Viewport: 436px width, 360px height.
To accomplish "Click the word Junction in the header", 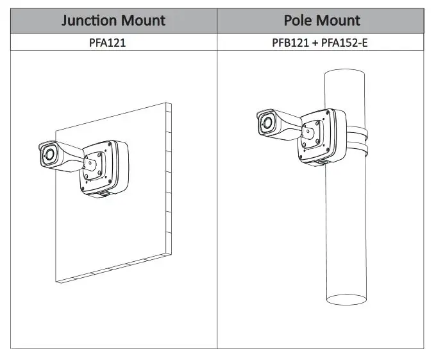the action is click(x=88, y=21).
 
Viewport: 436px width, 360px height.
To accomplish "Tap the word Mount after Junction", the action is click(x=143, y=21).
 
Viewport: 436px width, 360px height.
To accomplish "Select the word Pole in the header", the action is click(x=298, y=20).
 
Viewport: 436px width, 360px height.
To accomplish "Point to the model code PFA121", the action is click(x=107, y=42).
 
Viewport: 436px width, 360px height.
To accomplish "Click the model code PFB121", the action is click(x=290, y=42).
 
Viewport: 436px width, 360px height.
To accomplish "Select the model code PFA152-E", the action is click(x=344, y=42).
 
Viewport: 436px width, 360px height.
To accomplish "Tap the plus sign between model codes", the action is click(x=315, y=43).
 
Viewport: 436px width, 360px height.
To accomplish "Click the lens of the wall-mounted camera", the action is click(x=50, y=154).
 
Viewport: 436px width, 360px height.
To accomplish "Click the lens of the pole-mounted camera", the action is click(x=268, y=123).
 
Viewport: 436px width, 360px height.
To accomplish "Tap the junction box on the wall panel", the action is click(x=105, y=167).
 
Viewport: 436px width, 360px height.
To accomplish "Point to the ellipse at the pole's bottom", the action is click(x=346, y=300).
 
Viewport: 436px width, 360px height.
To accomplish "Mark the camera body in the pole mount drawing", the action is click(x=280, y=124).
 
